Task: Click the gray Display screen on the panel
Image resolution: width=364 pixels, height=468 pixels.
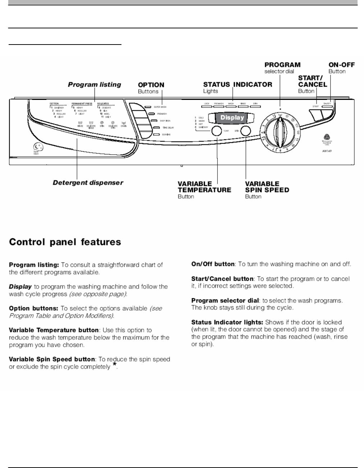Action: click(x=232, y=117)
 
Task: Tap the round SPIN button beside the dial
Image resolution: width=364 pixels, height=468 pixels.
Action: click(x=245, y=131)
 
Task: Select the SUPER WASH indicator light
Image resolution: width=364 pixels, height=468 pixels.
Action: click(x=148, y=107)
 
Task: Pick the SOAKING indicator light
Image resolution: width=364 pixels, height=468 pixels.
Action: click(x=156, y=134)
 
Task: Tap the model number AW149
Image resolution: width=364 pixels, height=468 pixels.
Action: click(x=327, y=151)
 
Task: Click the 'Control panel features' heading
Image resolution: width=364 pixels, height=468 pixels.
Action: click(x=65, y=242)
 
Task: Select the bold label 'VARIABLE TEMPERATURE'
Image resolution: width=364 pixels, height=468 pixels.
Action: click(x=204, y=187)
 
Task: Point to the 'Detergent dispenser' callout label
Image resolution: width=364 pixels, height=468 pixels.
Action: click(x=88, y=182)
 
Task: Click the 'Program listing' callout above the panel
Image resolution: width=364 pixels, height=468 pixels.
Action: click(x=95, y=85)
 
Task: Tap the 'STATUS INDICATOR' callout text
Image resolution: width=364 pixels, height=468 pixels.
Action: click(x=238, y=85)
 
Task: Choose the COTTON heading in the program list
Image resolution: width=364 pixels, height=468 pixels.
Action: click(x=54, y=103)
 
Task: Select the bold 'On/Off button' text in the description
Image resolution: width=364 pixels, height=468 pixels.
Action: click(x=213, y=264)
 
